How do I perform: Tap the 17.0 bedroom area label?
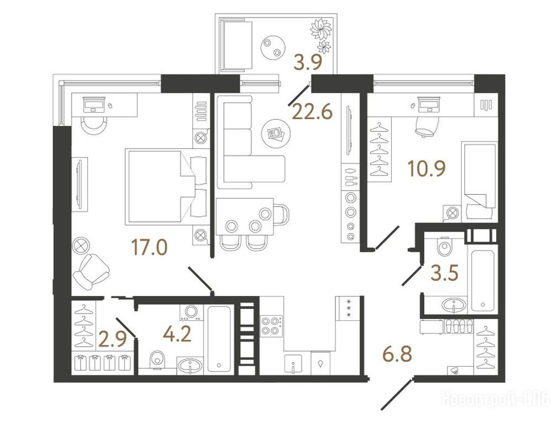[x=149, y=247]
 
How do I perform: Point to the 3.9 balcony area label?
[x=308, y=62]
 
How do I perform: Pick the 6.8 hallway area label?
[x=397, y=354]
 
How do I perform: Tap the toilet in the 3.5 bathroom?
[x=445, y=245]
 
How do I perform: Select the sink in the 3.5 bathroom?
[x=454, y=305]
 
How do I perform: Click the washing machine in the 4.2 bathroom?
[x=192, y=312]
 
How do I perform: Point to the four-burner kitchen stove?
[x=271, y=325]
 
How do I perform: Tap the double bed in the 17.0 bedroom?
[x=166, y=187]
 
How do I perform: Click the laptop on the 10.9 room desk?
[x=428, y=105]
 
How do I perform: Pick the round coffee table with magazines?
[x=276, y=133]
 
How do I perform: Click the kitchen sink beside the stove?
[x=293, y=364]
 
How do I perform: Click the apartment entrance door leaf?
[x=397, y=394]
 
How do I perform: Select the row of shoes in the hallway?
[x=459, y=326]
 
